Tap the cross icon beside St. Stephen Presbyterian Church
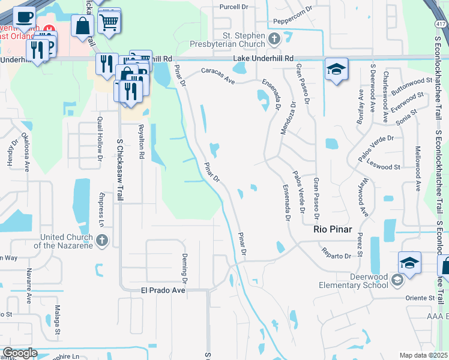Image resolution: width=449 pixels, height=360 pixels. point(274,40)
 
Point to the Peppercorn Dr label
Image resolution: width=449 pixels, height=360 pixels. point(294,16)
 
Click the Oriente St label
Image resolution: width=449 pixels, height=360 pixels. point(420,298)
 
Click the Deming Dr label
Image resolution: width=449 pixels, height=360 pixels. point(184,268)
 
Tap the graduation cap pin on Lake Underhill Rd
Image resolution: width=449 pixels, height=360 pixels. point(336,68)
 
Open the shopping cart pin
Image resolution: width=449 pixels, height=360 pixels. point(109,23)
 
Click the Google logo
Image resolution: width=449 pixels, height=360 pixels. point(20,353)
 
